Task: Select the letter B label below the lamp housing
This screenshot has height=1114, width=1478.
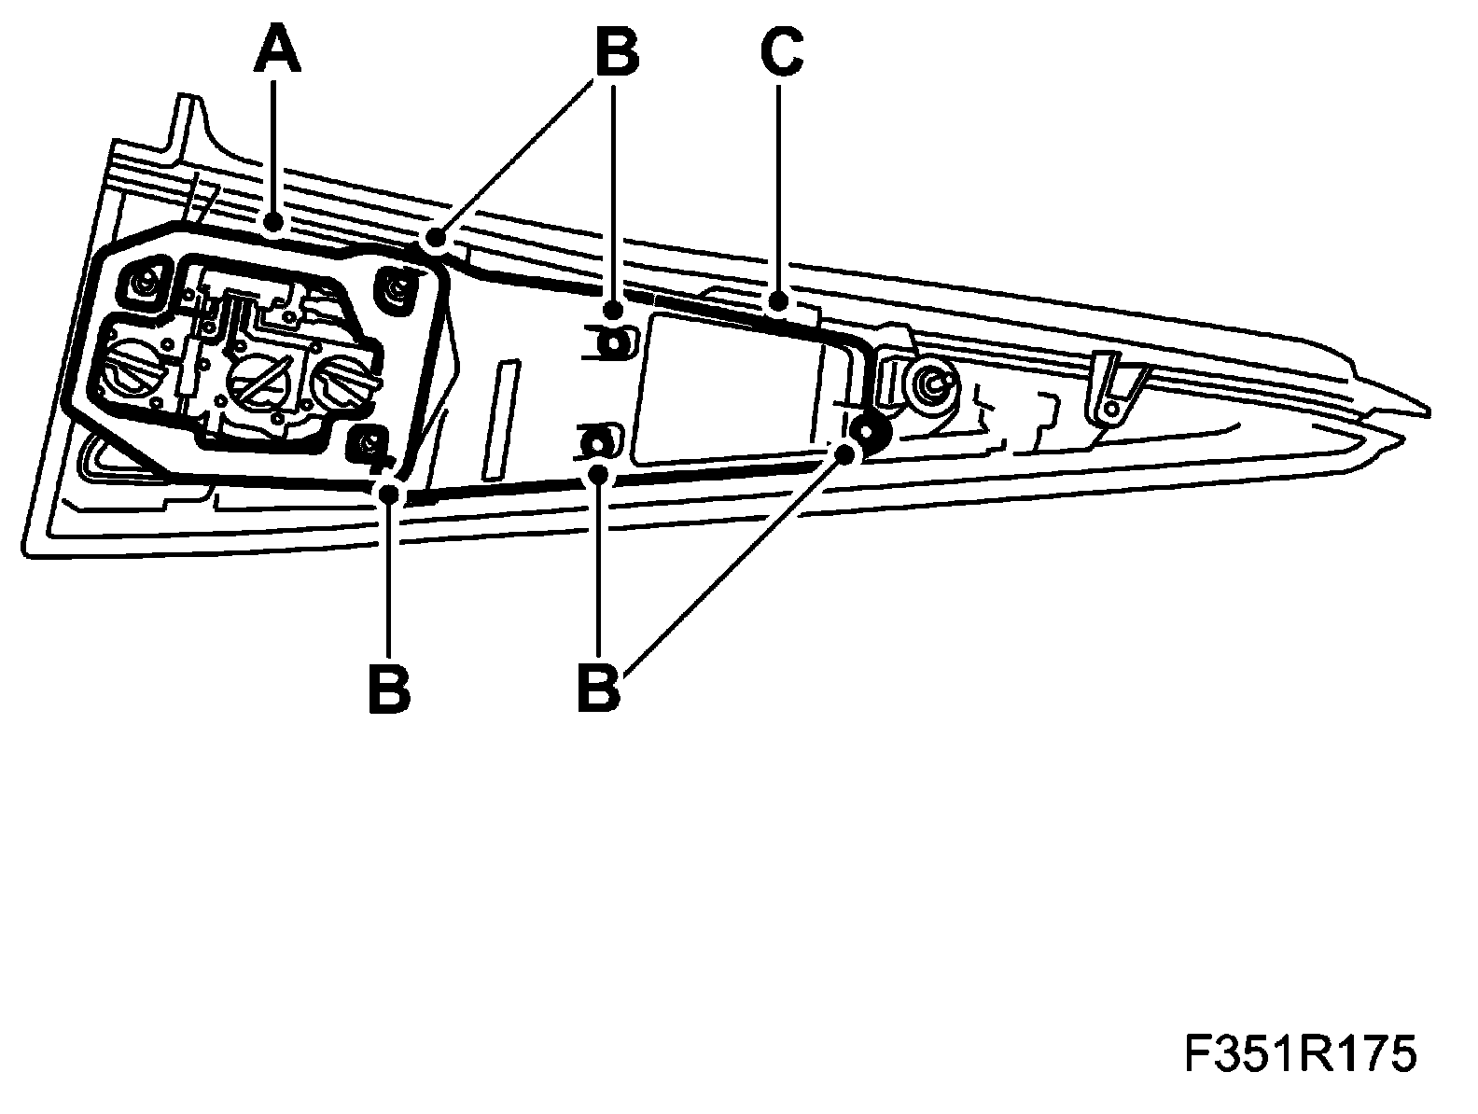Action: point(389,688)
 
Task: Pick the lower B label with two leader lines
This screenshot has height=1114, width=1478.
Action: point(598,688)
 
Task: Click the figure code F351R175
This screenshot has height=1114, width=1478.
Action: point(1300,1055)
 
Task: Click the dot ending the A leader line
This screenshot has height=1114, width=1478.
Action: point(273,223)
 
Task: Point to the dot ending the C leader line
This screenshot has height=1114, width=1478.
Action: point(779,300)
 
